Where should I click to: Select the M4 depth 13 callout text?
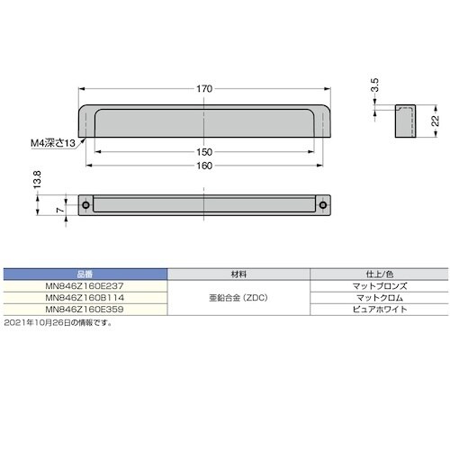click(50, 141)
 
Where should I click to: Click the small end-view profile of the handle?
click(404, 121)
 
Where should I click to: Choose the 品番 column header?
click(86, 272)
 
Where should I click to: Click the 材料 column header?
click(239, 272)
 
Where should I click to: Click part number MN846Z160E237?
click(86, 284)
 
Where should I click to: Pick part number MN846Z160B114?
click(86, 296)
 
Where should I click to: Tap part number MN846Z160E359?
click(86, 309)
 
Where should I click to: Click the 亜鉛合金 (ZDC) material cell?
click(239, 296)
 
